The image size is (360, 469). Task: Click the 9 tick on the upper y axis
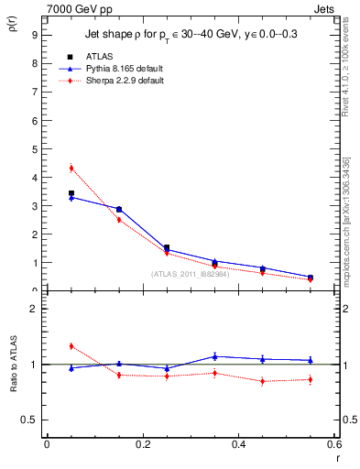[x=34, y=35]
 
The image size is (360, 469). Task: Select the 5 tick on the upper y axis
[x=34, y=148]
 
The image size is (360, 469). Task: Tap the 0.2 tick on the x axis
[x=143, y=444]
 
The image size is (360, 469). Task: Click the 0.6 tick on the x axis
[x=334, y=444]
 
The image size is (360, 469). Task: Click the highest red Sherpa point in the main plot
[x=71, y=168]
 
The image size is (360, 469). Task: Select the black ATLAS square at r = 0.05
[x=71, y=193]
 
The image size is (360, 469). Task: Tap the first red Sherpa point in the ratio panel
[x=71, y=346]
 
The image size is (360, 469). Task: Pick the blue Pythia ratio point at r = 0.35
[x=214, y=356]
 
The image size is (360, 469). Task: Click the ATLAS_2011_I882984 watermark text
[x=190, y=274]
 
